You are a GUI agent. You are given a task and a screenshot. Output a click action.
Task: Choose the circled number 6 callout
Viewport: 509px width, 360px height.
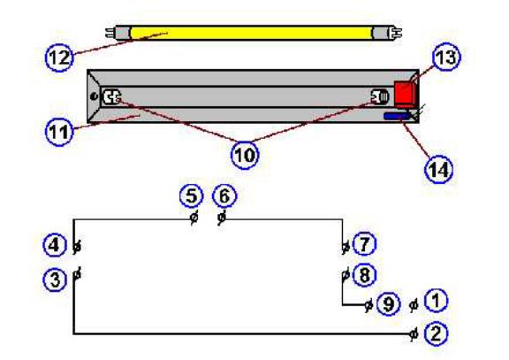[225, 195]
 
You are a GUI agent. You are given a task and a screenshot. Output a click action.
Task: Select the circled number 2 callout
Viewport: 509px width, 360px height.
[435, 333]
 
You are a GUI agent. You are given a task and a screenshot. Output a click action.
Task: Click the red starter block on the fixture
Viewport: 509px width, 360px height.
[405, 92]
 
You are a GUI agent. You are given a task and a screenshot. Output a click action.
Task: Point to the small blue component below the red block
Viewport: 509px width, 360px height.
[397, 115]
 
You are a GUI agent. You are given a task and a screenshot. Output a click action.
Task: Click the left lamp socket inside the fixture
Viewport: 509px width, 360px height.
[112, 97]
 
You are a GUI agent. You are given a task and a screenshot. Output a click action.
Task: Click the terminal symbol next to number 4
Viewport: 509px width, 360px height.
[77, 244]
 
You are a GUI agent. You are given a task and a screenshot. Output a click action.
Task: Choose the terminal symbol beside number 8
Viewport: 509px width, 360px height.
[344, 275]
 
